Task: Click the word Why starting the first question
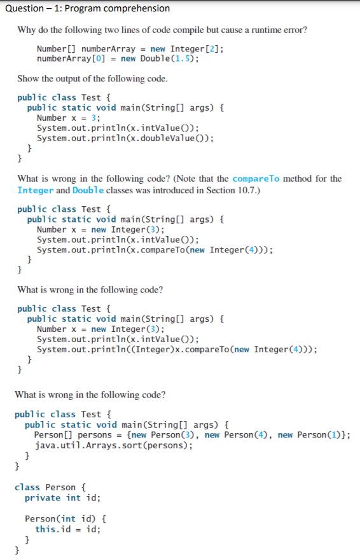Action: [x=25, y=30]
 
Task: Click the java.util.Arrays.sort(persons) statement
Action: [x=113, y=445]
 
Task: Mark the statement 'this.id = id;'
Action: [x=67, y=528]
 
